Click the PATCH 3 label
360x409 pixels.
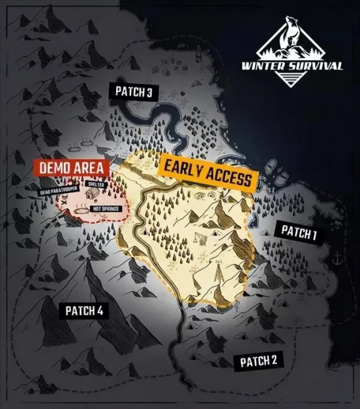pos(133,91)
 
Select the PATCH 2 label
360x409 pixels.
pos(259,362)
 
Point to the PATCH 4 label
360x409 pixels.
pos(84,311)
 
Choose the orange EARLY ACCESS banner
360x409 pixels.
pos(207,172)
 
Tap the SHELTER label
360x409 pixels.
pos(93,184)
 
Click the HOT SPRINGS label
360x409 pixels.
pos(105,209)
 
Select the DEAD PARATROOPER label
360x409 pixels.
pos(59,191)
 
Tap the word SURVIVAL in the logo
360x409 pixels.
pos(317,66)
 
